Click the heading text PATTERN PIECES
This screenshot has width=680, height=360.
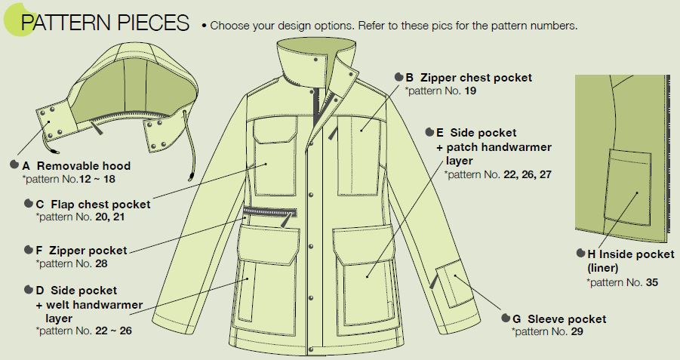point(105,23)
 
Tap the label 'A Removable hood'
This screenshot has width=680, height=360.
point(76,166)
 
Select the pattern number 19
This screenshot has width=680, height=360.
point(470,91)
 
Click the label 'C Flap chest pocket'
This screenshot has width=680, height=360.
point(94,205)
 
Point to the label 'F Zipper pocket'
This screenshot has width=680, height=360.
point(82,251)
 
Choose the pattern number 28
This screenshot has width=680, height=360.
point(101,263)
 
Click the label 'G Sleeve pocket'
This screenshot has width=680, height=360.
point(559,318)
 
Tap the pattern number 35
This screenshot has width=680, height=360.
point(652,282)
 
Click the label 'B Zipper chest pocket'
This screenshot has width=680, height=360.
point(469,78)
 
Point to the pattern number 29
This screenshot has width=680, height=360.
point(577,332)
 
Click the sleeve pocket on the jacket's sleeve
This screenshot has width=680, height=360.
point(451,283)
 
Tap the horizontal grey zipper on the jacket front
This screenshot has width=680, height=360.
point(270,212)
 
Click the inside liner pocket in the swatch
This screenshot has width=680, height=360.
point(627,187)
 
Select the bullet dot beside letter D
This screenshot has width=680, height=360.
point(29,290)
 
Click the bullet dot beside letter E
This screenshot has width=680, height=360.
point(429,132)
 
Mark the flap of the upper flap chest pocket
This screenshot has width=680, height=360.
point(275,130)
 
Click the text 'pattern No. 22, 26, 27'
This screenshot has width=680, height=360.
point(497,174)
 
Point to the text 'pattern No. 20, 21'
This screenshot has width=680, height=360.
point(80,217)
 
